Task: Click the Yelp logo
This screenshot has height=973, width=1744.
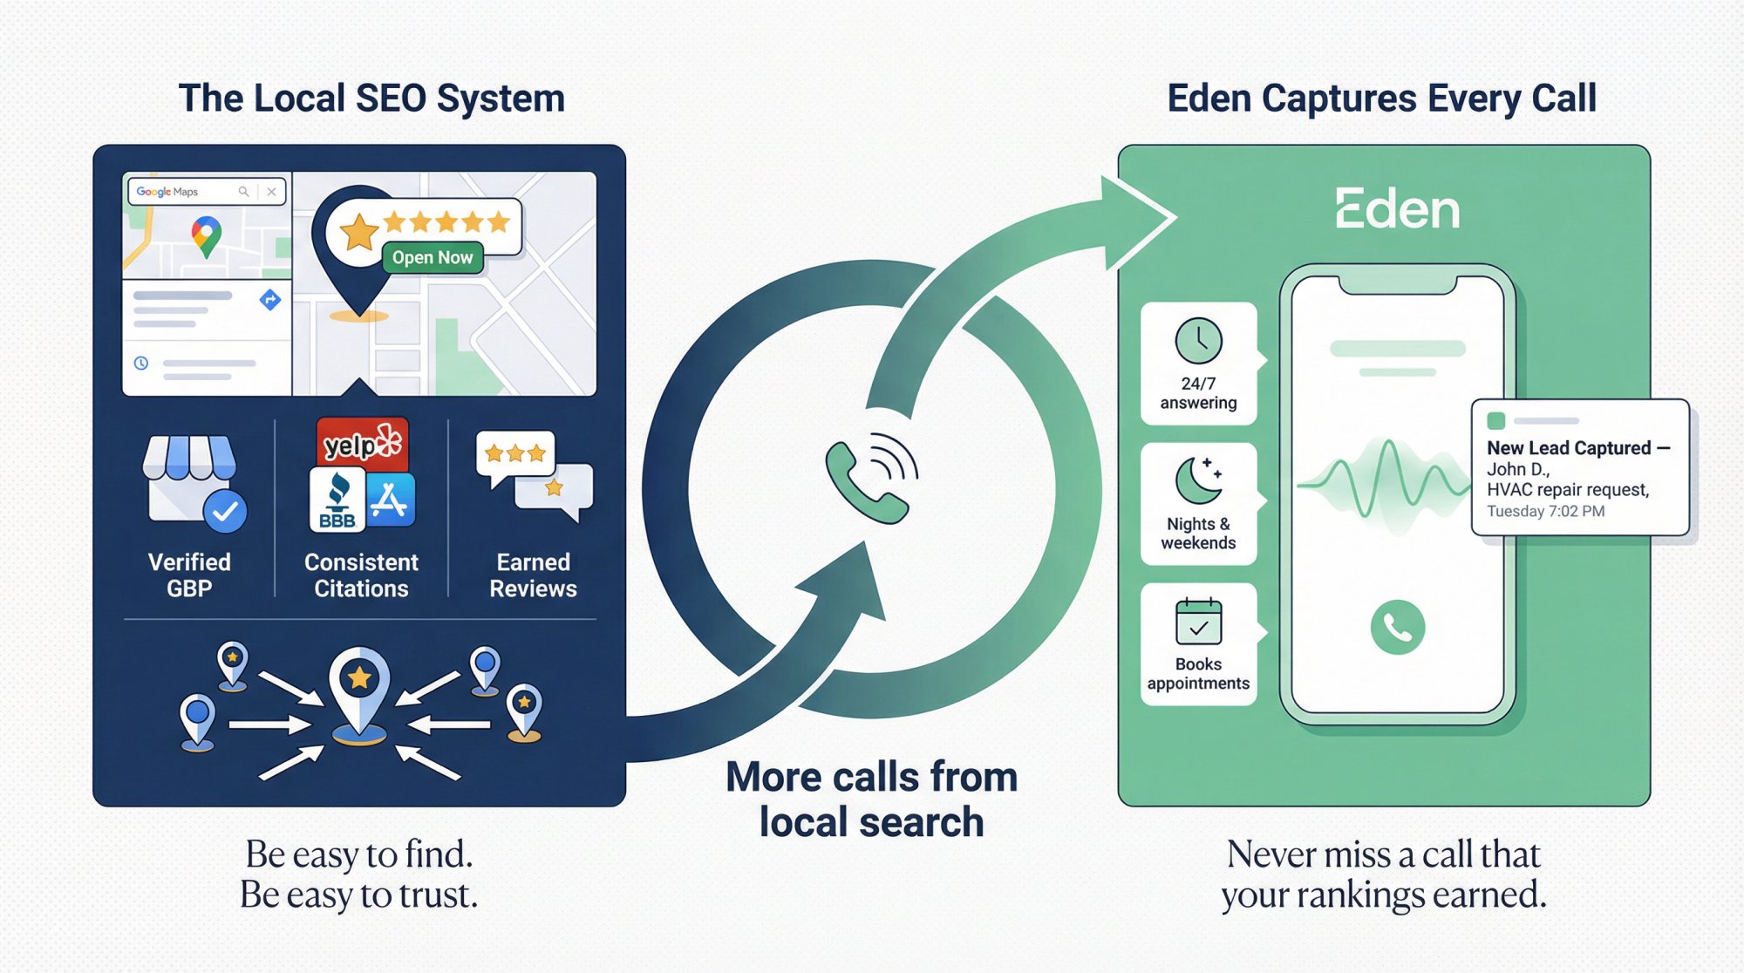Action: [362, 445]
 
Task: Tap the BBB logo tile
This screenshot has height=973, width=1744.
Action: [337, 501]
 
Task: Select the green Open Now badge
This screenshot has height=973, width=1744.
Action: [433, 257]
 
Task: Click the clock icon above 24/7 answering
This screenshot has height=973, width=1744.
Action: [1198, 341]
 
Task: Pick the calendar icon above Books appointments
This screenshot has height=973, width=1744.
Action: [1198, 622]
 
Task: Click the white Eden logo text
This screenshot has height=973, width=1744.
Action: [1397, 210]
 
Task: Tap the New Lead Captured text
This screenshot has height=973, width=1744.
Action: [1568, 448]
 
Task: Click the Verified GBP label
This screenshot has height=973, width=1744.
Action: [189, 575]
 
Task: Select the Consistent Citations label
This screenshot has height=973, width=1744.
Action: [361, 575]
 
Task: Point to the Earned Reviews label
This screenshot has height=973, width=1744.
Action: [533, 575]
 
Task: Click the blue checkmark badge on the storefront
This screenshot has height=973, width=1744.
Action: [226, 512]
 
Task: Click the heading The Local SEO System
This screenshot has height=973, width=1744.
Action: [371, 99]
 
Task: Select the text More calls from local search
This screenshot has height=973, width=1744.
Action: [871, 799]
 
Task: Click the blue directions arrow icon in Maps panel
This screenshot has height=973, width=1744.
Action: [270, 300]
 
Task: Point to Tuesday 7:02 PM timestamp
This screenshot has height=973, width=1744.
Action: [1545, 512]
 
